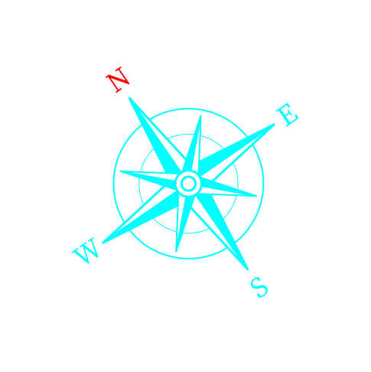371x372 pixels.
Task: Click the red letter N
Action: tap(118, 80)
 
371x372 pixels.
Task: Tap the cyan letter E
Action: tap(288, 115)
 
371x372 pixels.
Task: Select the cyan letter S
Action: tap(259, 287)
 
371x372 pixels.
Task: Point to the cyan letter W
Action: tap(85, 250)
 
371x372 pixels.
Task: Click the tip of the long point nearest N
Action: tap(129, 98)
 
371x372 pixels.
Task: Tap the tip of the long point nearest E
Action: tap(275, 124)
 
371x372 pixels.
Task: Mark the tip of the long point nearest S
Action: tap(247, 269)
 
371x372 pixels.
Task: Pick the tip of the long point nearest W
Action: tap(103, 243)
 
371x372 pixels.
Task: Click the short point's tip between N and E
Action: tap(201, 116)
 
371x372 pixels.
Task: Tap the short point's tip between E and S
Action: tap(256, 196)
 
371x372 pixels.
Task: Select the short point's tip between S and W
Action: tap(176, 252)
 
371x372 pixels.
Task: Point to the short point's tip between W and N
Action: tap(120, 171)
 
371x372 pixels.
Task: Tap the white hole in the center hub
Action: tap(188, 184)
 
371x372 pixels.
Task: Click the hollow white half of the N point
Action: tap(163, 136)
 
